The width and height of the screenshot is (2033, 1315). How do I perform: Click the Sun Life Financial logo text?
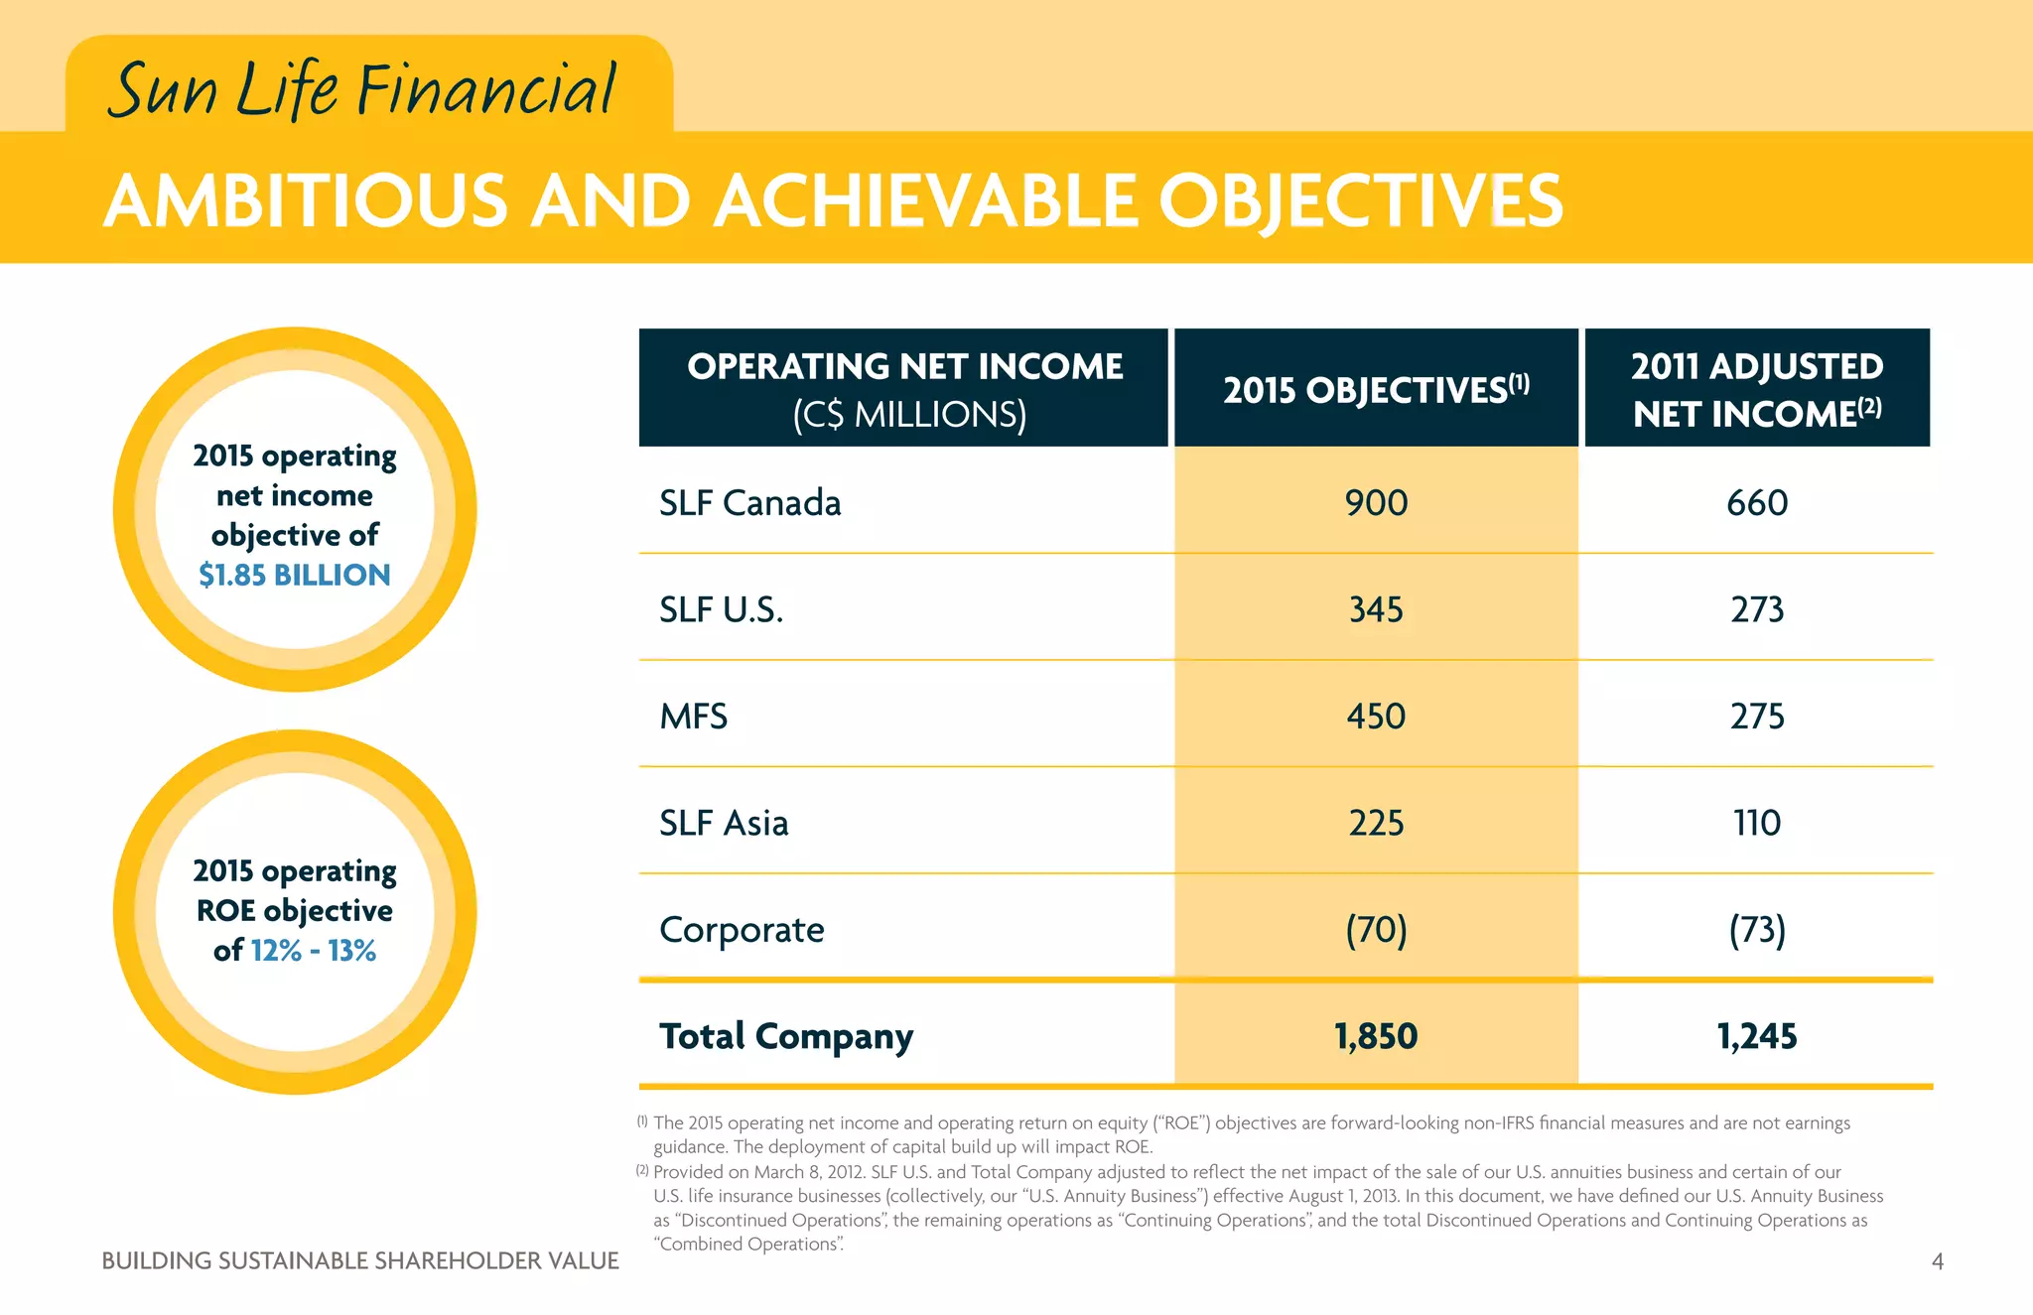tap(362, 89)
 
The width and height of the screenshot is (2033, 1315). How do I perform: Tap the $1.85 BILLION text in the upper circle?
tap(295, 575)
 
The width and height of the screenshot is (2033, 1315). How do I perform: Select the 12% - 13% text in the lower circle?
tap(314, 951)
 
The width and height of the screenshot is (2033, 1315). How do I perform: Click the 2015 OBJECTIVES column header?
tap(1375, 390)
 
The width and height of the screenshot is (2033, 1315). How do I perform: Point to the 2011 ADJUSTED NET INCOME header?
tap(1756, 390)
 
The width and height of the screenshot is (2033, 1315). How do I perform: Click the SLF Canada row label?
tap(749, 503)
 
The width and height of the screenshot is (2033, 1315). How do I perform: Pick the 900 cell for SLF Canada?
tap(1376, 503)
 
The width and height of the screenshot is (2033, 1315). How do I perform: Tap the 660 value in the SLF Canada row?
tap(1756, 503)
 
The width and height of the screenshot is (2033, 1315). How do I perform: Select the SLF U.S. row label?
tap(721, 609)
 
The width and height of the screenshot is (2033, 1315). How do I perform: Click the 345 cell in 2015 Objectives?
tap(1376, 609)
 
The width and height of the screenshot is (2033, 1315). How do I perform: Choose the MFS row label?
tap(693, 717)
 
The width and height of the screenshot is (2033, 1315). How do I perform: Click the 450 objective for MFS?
tap(1376, 717)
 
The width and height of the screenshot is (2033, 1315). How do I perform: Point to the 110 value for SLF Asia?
tap(1756, 823)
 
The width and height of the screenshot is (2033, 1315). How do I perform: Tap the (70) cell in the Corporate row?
tap(1376, 930)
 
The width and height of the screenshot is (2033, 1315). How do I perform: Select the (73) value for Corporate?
tap(1756, 930)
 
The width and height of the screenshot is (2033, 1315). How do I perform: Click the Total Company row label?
tap(785, 1036)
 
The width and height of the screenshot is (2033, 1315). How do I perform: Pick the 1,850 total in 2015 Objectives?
tap(1376, 1036)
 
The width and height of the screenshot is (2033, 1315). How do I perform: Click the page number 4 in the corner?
tap(1937, 1261)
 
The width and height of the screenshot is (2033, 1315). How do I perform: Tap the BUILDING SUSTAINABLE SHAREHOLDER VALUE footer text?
tap(360, 1261)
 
